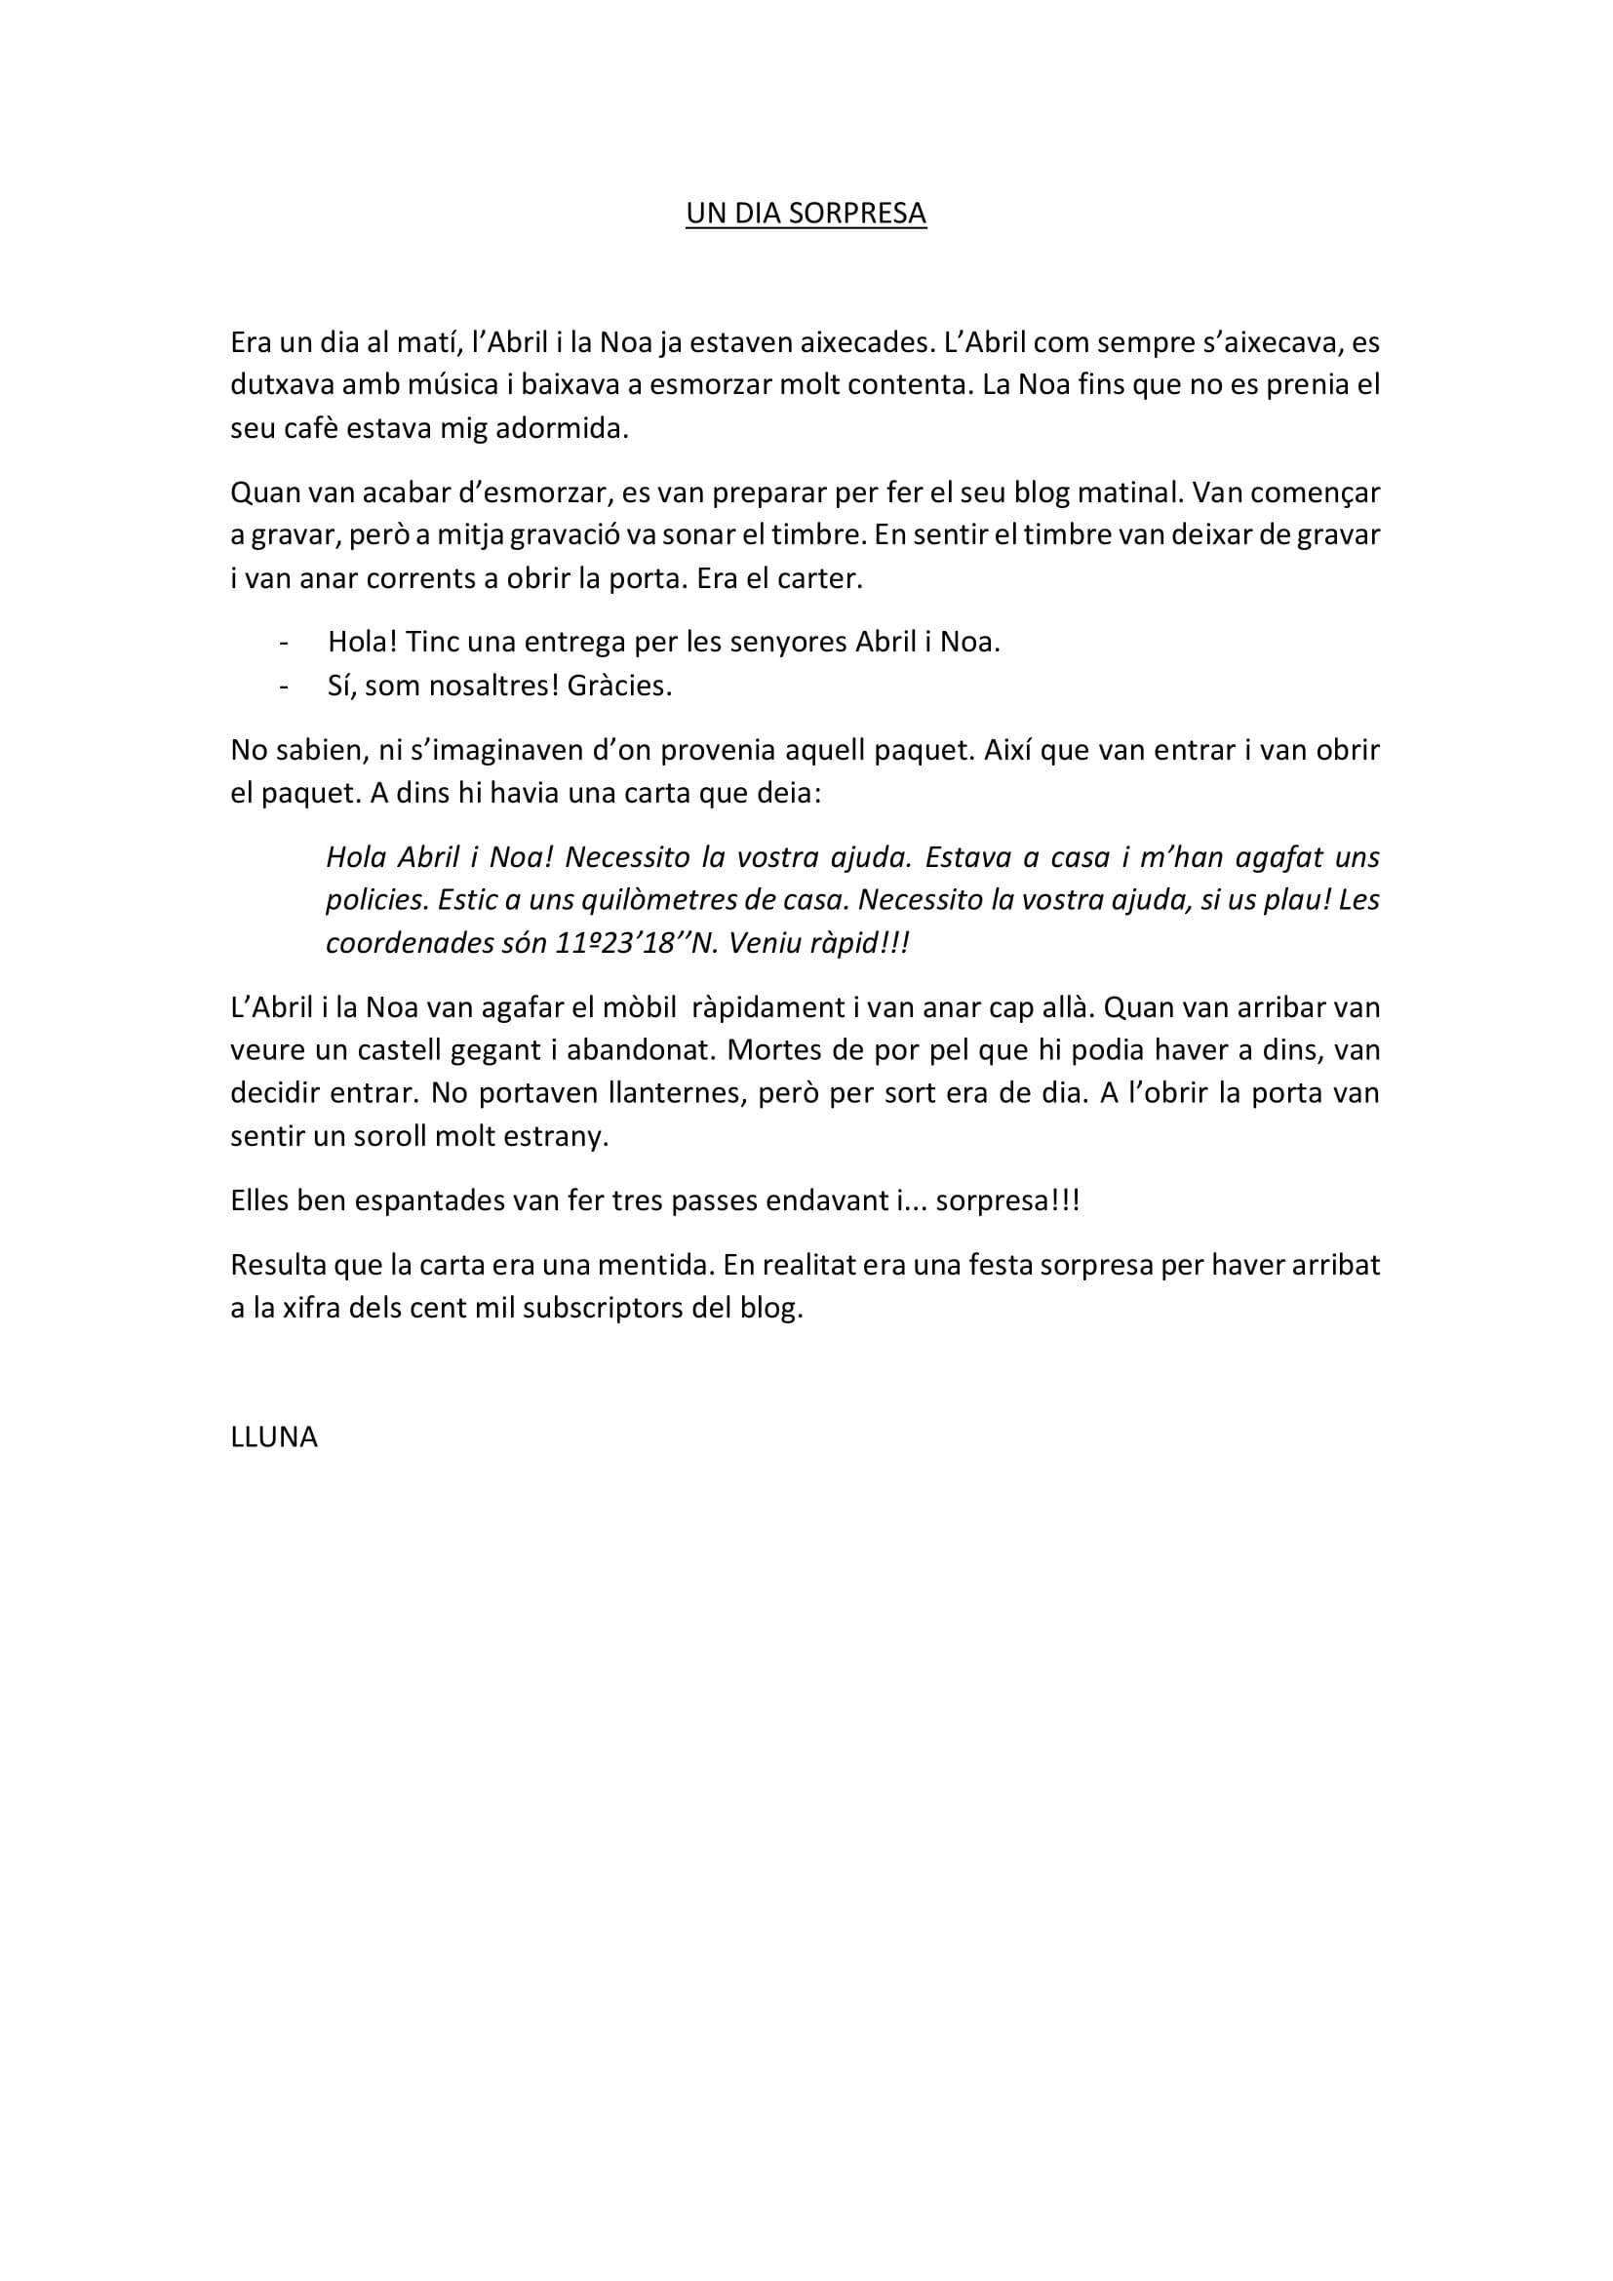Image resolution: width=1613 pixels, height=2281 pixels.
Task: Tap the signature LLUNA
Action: point(274,1437)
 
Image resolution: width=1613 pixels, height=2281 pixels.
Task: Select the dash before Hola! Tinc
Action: point(286,643)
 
